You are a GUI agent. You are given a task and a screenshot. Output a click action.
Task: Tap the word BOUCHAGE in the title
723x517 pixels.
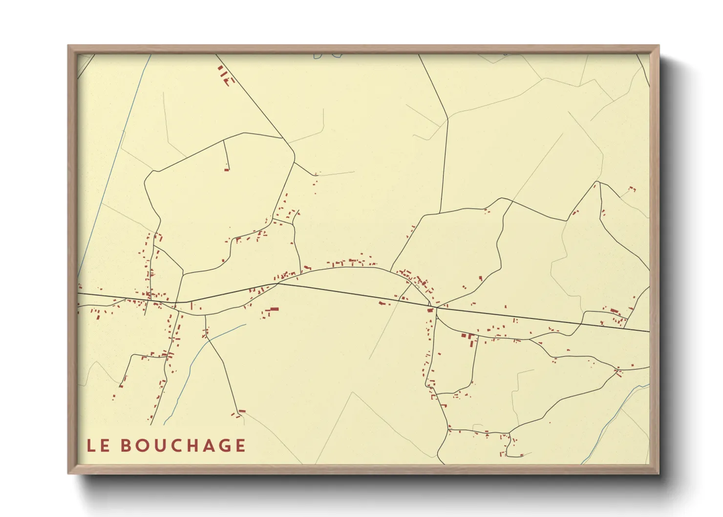point(183,446)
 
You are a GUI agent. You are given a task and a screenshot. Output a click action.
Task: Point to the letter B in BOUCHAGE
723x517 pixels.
point(126,446)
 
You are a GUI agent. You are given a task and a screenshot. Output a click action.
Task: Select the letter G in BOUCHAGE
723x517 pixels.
point(221,446)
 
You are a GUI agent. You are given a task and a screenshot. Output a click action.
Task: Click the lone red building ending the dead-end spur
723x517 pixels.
point(227,170)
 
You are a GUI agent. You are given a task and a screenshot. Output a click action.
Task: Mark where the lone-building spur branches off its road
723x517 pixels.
point(223,141)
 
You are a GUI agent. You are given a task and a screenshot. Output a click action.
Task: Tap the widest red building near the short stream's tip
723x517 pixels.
point(273,309)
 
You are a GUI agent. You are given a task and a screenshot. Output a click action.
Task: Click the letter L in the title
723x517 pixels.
point(91,446)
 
